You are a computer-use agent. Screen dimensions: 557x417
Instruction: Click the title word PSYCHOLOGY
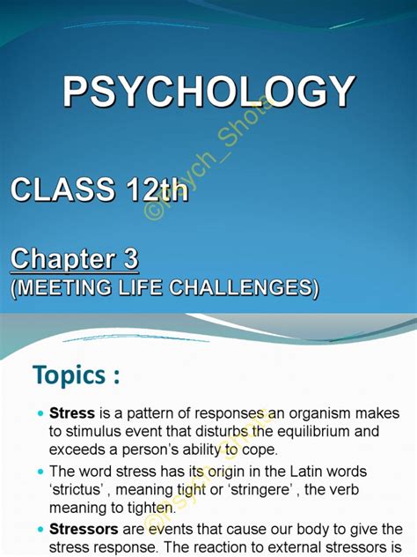[x=208, y=93]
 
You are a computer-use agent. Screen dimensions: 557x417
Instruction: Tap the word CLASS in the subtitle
[x=62, y=190]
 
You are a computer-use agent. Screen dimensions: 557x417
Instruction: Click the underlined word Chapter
[x=64, y=260]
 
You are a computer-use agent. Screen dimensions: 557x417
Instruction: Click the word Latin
[x=299, y=472]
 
